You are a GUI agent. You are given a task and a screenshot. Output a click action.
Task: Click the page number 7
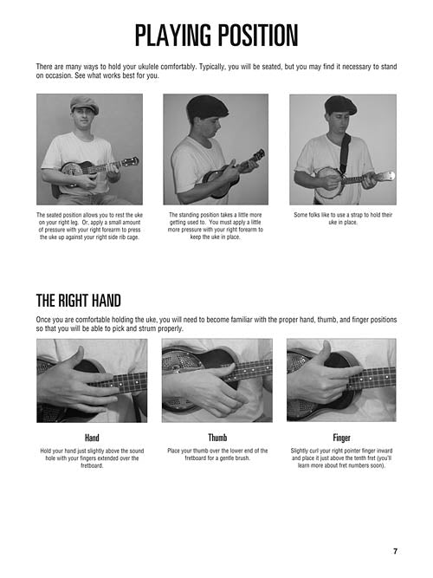395,551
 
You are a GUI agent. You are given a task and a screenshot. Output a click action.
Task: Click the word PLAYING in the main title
173,36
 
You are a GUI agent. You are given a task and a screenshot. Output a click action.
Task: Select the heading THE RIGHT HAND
79,301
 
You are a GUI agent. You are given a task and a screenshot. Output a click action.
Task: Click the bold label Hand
92,438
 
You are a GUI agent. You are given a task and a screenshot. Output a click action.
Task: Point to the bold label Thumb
217,438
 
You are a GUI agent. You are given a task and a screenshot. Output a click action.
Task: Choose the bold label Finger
341,438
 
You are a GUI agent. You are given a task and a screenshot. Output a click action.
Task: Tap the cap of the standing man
207,107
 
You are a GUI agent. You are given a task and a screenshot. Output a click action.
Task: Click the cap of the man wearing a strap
340,104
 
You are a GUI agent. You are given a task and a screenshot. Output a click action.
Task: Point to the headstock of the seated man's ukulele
131,161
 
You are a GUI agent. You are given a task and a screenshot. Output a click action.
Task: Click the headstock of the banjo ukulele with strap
386,176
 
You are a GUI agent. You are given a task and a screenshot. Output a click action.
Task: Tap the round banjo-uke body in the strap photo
328,183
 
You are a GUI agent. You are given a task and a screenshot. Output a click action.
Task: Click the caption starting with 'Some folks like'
343,218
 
